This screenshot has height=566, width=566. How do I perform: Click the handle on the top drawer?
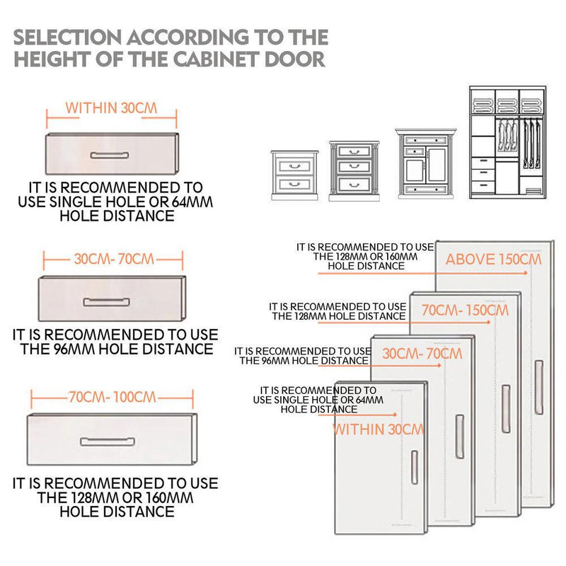click(x=110, y=154)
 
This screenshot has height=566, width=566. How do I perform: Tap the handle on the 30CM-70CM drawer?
click(x=106, y=302)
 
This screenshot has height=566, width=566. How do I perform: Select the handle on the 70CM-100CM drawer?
click(x=107, y=441)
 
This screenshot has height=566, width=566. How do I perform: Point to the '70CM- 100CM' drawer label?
click(x=112, y=397)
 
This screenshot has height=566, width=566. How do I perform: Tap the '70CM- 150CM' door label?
click(x=465, y=310)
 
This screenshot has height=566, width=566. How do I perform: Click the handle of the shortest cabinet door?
click(x=415, y=466)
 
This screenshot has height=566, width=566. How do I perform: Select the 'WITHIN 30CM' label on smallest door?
click(x=378, y=429)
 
